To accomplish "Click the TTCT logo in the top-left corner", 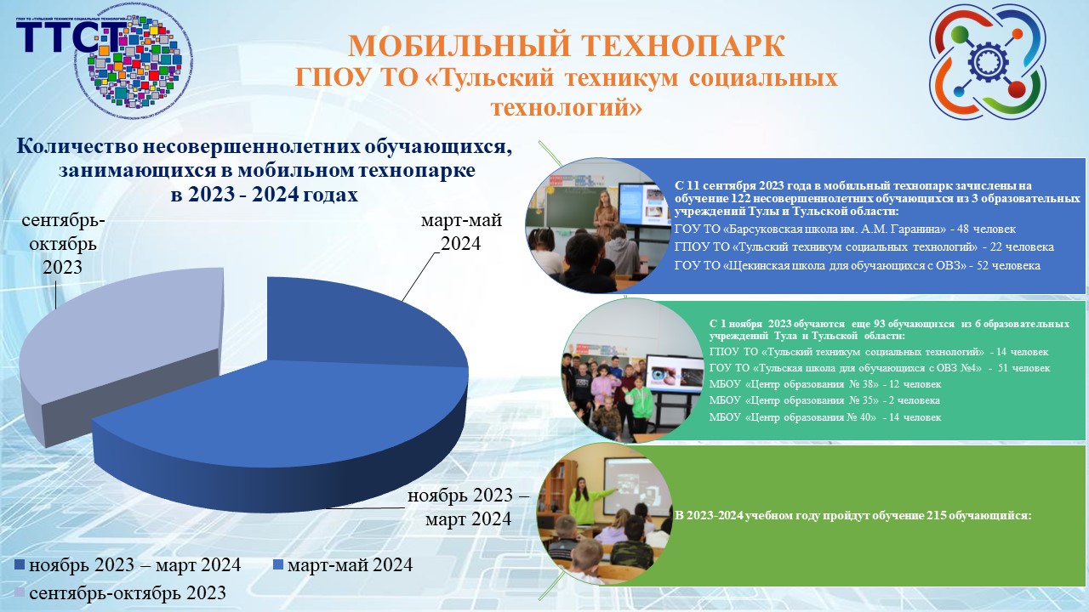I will pyautogui.click(x=102, y=59).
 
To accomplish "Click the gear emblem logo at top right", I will pyautogui.click(x=986, y=62).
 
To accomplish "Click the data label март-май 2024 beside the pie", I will pyautogui.click(x=462, y=232).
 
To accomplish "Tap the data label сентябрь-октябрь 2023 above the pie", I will pyautogui.click(x=64, y=243).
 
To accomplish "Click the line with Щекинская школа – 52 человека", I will pyautogui.click(x=857, y=266).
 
